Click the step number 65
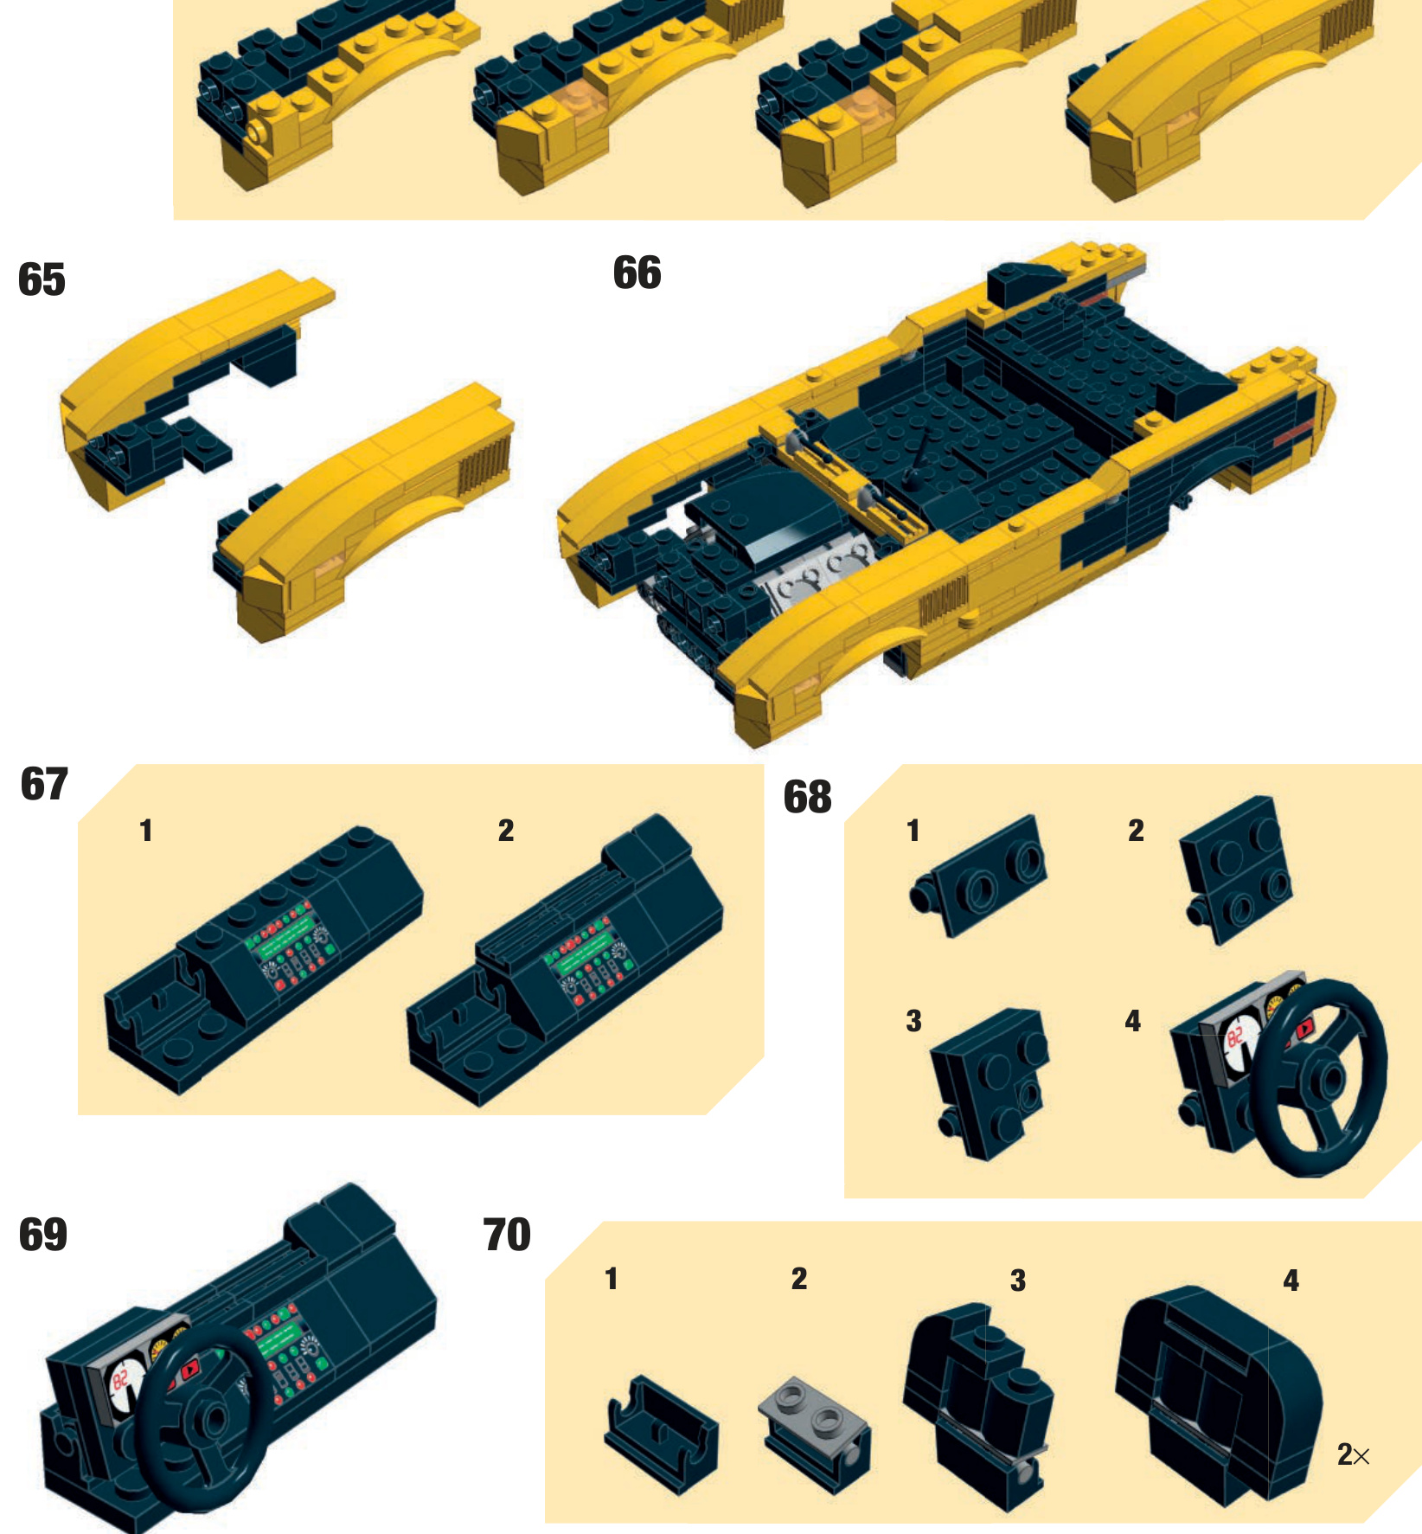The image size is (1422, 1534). coord(42,279)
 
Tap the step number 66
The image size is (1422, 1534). coord(637,273)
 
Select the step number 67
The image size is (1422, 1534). coord(43,784)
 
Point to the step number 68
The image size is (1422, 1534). coord(807,797)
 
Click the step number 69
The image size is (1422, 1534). coord(42,1235)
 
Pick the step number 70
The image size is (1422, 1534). coord(507,1235)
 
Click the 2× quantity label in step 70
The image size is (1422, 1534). coord(1354,1454)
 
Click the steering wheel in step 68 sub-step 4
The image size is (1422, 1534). coord(1321,1077)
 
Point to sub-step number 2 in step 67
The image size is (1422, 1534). coord(506,831)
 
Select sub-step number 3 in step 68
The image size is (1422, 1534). coord(913,1021)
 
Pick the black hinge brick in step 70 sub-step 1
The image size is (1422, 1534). coord(661,1433)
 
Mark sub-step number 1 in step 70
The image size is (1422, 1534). coord(612,1279)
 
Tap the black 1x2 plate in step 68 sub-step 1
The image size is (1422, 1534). coord(978,876)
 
